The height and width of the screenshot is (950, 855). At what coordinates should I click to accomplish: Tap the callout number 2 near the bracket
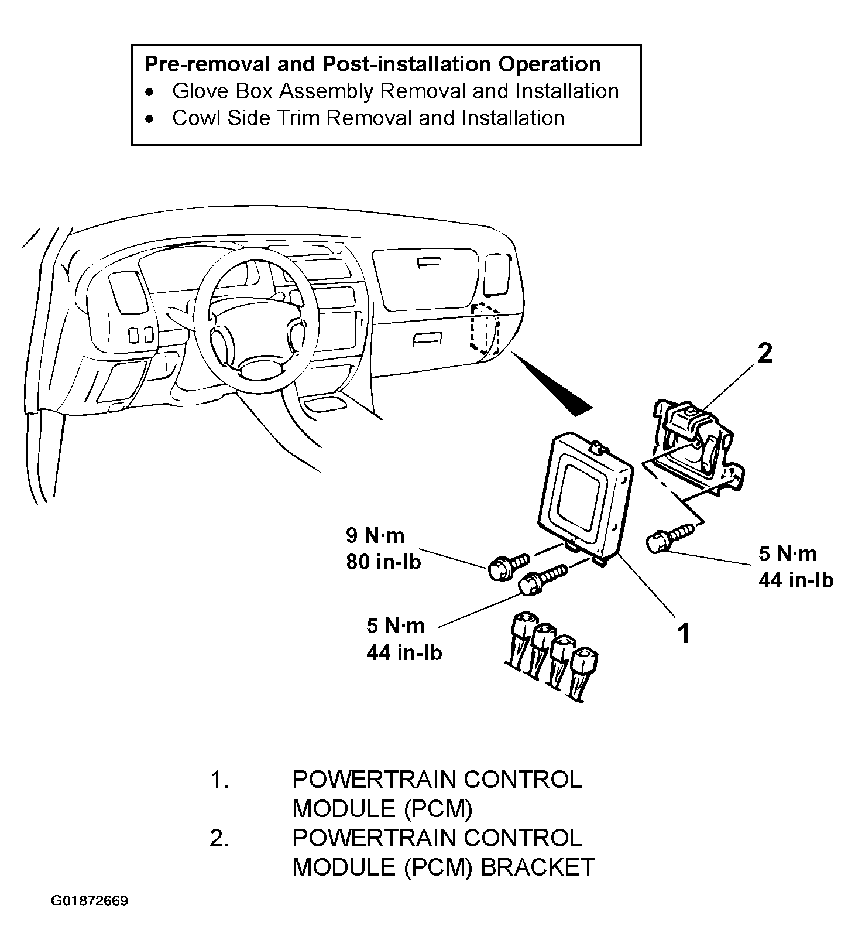pos(765,353)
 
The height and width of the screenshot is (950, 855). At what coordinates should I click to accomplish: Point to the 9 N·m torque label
pos(375,535)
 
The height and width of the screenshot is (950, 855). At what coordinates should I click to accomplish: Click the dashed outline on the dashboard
pos(483,328)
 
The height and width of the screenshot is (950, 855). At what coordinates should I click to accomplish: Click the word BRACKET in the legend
pos(538,867)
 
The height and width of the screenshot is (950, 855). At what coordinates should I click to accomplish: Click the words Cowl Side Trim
pos(246,118)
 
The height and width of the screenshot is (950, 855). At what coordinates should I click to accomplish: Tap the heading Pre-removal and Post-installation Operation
pos(372,64)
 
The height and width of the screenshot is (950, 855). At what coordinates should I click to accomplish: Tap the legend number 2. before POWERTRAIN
pos(219,838)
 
